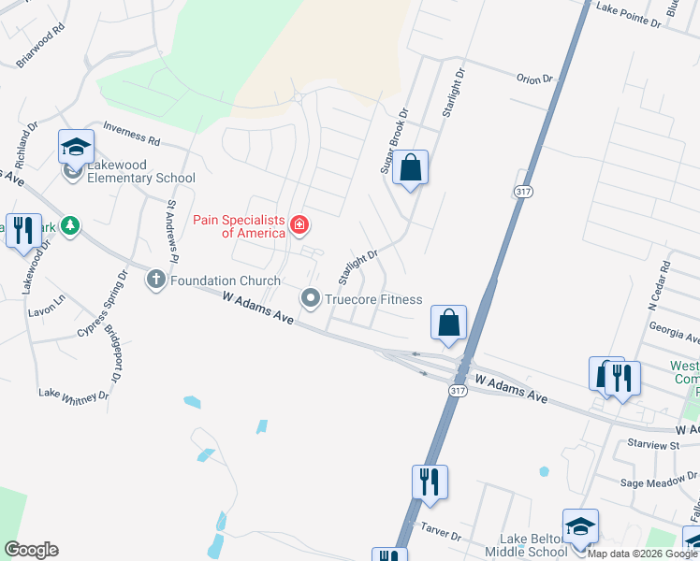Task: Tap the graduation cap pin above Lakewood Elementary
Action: click(76, 147)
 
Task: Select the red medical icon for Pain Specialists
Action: click(299, 224)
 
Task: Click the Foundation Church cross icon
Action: click(156, 280)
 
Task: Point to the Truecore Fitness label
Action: click(373, 299)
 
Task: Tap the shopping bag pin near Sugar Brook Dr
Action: click(410, 168)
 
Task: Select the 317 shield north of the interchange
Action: click(522, 191)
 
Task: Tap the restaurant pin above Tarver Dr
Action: click(430, 482)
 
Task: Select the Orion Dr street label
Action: click(534, 79)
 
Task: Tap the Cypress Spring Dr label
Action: click(101, 305)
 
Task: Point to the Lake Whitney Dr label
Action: click(73, 396)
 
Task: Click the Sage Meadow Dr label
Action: click(660, 483)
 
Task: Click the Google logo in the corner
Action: click(31, 550)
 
